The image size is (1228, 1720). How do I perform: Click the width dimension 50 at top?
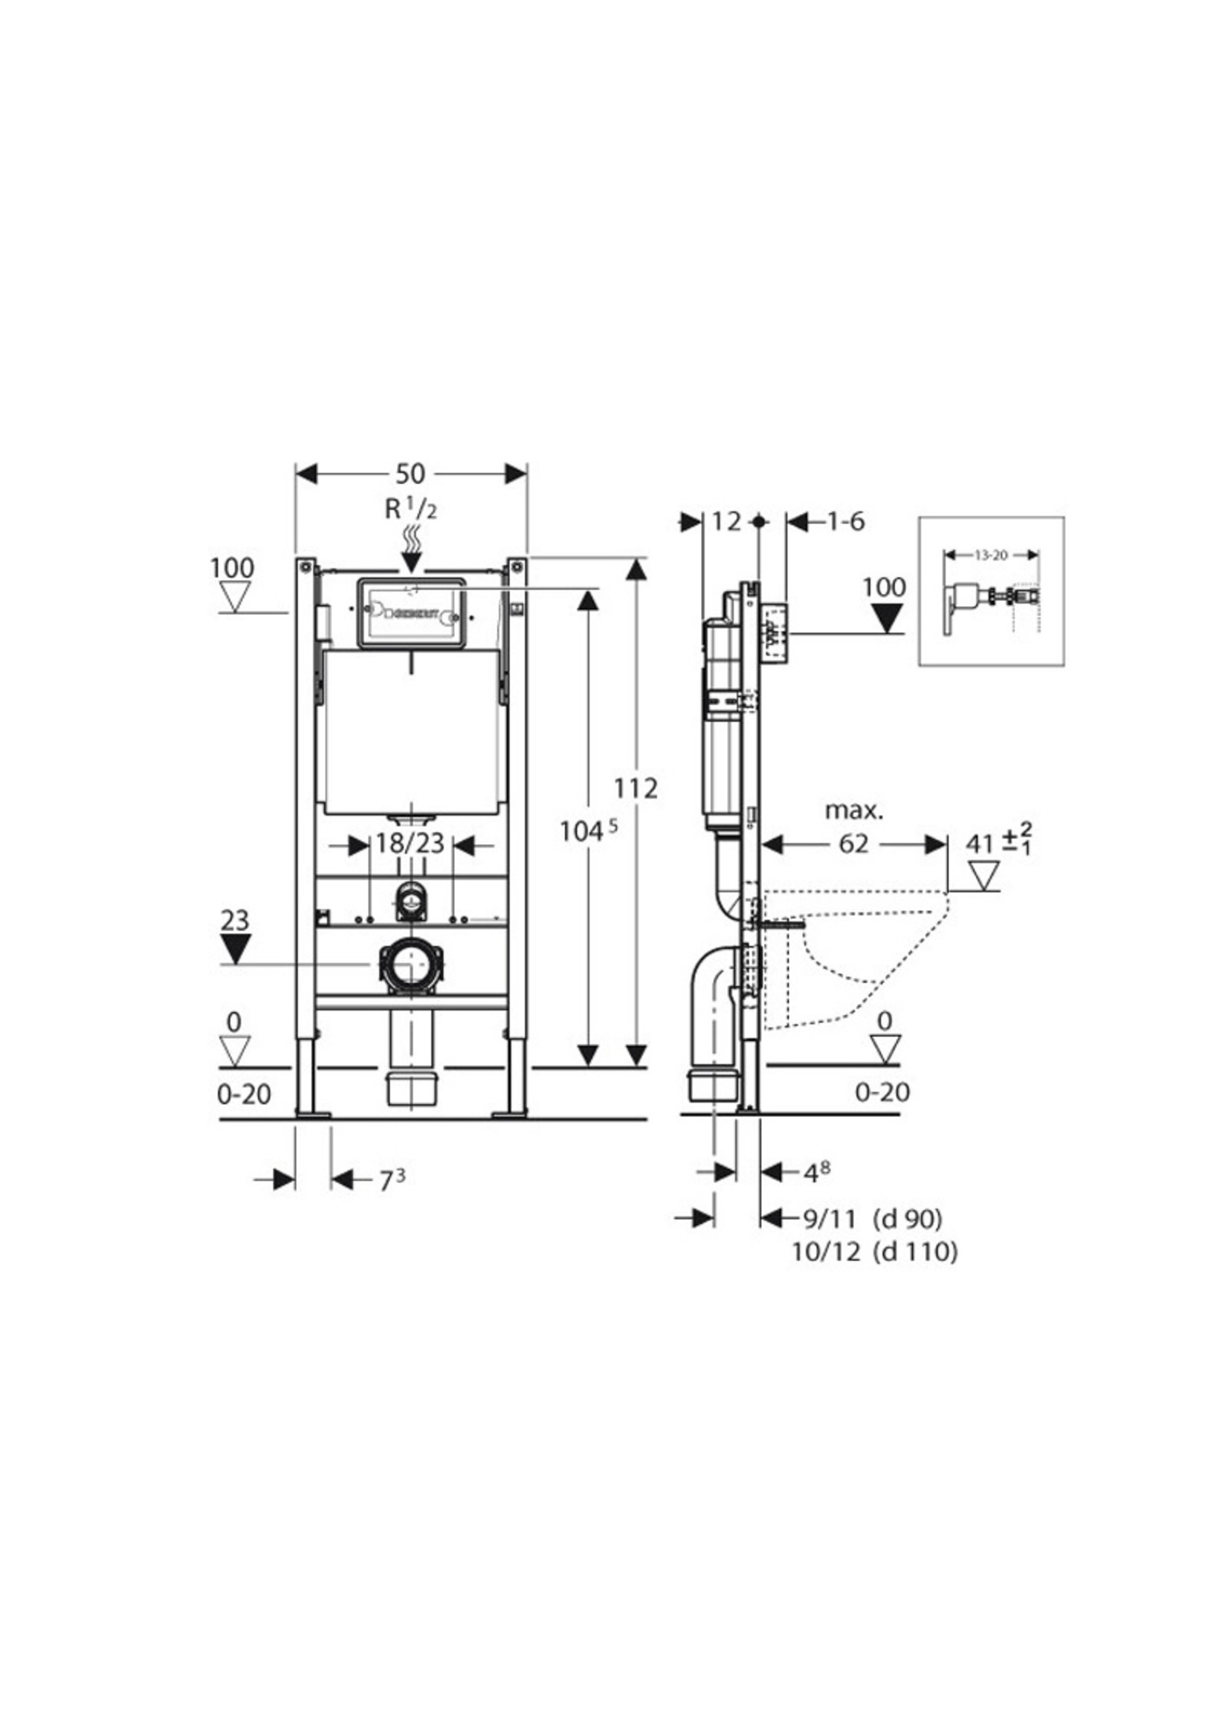pyautogui.click(x=410, y=474)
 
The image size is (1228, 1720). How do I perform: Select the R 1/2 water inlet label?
pyautogui.click(x=410, y=509)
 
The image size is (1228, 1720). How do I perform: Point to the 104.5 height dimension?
pyautogui.click(x=588, y=831)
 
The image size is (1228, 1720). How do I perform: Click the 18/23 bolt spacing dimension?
pyautogui.click(x=410, y=843)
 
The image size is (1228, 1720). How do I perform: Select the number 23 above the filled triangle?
pyautogui.click(x=234, y=921)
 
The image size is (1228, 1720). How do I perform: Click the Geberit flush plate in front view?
pyautogui.click(x=410, y=613)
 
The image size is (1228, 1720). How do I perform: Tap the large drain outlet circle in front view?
pyautogui.click(x=410, y=966)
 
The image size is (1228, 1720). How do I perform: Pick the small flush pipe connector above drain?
pyautogui.click(x=410, y=900)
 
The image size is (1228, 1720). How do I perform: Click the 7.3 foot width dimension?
pyautogui.click(x=392, y=1180)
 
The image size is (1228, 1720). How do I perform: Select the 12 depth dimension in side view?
pyautogui.click(x=727, y=521)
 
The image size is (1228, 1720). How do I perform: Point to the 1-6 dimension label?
pyautogui.click(x=844, y=521)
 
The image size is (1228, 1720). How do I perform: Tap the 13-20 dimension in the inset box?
pyautogui.click(x=991, y=555)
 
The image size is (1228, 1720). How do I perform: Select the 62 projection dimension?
pyautogui.click(x=853, y=843)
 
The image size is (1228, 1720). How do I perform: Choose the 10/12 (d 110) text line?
pyautogui.click(x=875, y=1252)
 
